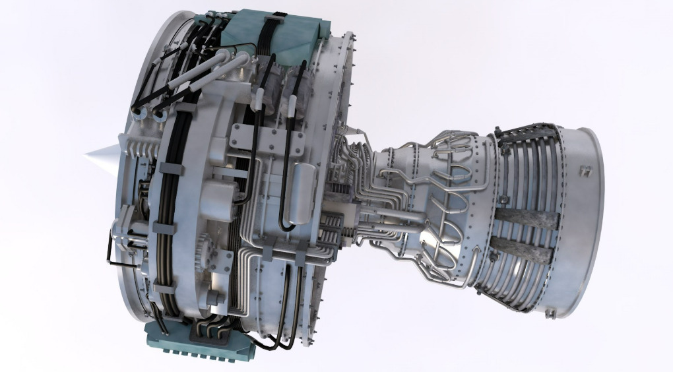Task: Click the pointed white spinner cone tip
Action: (x=87, y=156)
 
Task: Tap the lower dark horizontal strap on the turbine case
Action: (x=521, y=249)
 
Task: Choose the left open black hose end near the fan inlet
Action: (x=141, y=115)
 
